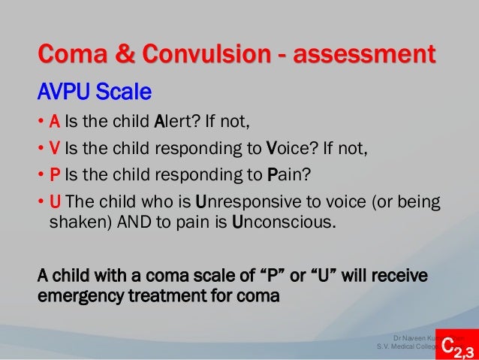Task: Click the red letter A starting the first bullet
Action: pos(55,123)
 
